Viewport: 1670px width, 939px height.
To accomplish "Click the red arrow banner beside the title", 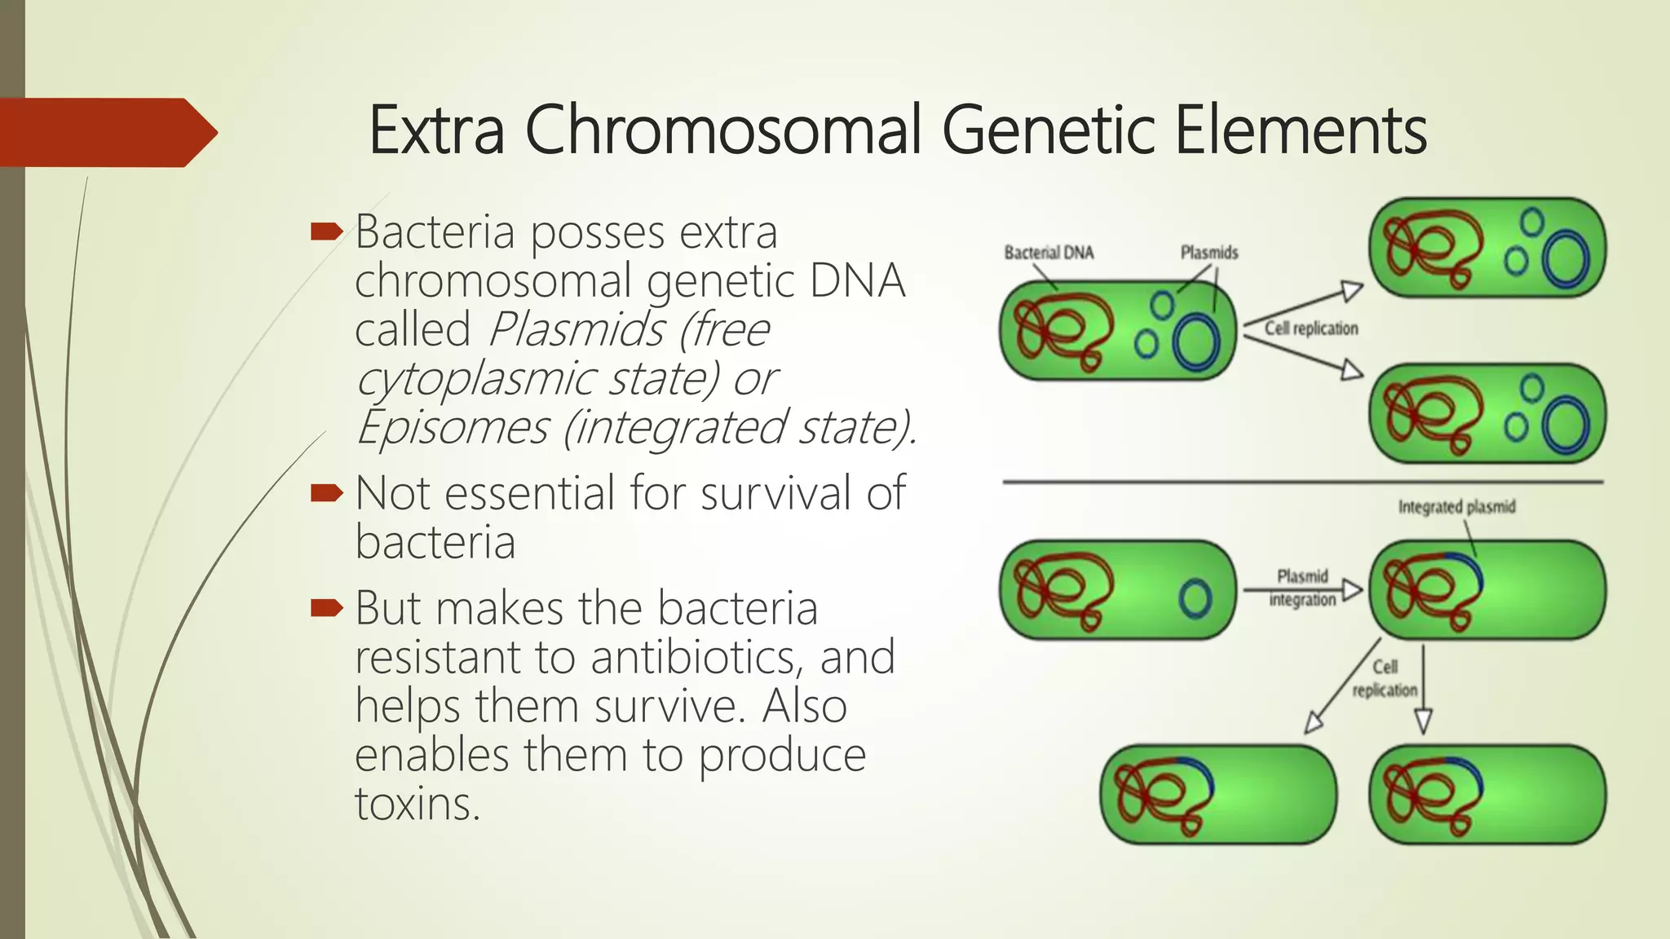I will click(x=106, y=132).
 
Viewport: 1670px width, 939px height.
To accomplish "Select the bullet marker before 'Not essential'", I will click(x=327, y=492).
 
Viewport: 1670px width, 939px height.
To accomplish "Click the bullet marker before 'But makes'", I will click(x=327, y=607).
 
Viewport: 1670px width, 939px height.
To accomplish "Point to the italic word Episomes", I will click(x=453, y=427).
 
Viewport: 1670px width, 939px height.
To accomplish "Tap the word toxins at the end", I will click(x=417, y=804).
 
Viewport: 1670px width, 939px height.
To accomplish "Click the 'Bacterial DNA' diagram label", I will click(x=1048, y=253).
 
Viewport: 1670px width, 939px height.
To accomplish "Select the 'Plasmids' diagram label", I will click(x=1208, y=253).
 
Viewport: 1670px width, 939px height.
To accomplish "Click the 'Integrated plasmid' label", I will click(x=1456, y=507).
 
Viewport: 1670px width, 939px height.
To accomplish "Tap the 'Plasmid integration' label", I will click(x=1301, y=588).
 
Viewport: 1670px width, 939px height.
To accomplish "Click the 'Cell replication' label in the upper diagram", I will click(x=1311, y=328).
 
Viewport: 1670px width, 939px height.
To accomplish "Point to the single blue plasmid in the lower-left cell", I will click(x=1195, y=599).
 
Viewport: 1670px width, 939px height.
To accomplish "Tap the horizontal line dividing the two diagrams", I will click(x=1301, y=483).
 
